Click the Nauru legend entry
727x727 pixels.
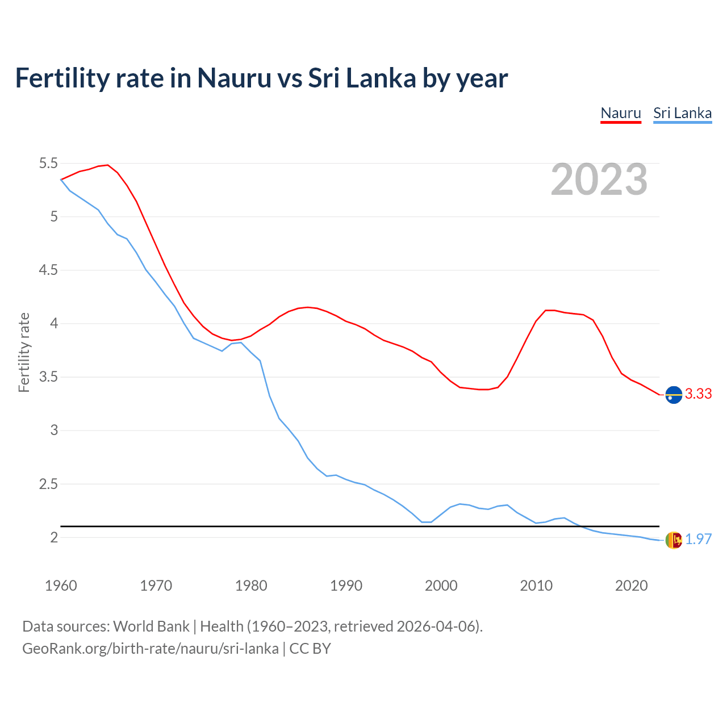(621, 113)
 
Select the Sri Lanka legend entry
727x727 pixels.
(682, 113)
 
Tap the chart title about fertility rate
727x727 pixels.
(261, 78)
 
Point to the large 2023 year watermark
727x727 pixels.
(599, 179)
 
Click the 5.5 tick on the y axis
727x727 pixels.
(48, 164)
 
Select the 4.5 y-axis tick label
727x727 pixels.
(48, 270)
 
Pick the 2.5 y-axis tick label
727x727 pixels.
(48, 484)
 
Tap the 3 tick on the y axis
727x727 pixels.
(55, 431)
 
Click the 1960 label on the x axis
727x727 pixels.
(61, 586)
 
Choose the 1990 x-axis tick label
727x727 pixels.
(346, 586)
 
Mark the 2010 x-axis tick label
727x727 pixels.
(536, 586)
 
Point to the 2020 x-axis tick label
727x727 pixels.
(631, 586)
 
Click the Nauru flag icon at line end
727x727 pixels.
(674, 394)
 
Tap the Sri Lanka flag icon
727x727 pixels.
(674, 540)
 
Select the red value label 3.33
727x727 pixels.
(698, 394)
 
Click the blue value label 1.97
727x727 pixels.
(698, 540)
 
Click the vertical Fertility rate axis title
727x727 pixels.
(24, 352)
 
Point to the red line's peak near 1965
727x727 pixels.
(107, 165)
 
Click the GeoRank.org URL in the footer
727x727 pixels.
(151, 649)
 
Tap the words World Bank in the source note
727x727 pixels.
(151, 626)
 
